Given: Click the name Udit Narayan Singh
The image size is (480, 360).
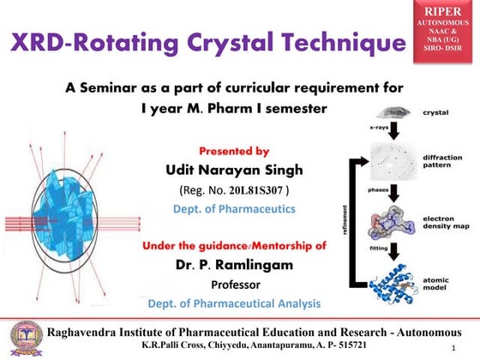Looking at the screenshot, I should pyautogui.click(x=234, y=170).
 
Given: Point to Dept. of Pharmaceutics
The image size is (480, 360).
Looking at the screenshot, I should pyautogui.click(x=234, y=207).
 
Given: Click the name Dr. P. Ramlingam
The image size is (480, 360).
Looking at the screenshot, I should pyautogui.click(x=234, y=264).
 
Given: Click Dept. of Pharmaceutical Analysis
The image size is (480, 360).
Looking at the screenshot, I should pyautogui.click(x=234, y=303).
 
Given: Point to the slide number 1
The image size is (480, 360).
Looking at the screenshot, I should pyautogui.click(x=464, y=348).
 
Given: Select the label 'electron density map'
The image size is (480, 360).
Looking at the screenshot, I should pyautogui.click(x=444, y=224).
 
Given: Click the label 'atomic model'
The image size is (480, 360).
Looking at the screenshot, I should pyautogui.click(x=440, y=284).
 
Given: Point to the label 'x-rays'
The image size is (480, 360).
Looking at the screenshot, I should pyautogui.click(x=378, y=127).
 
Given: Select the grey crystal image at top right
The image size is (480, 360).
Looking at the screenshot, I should pyautogui.click(x=390, y=111).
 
